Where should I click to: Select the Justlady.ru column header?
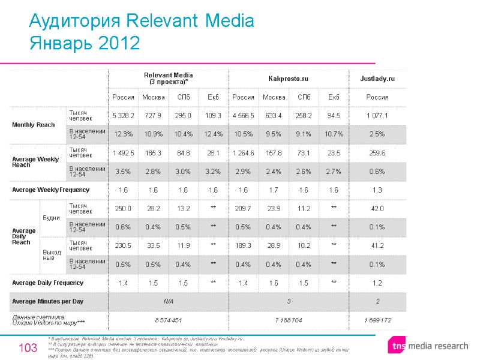tap(377, 79)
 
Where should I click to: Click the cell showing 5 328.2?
tap(123, 115)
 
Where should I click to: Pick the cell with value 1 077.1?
tap(377, 115)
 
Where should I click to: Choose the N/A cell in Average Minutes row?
tap(167, 301)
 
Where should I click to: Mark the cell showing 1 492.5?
tap(123, 153)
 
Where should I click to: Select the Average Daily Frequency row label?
tap(48, 282)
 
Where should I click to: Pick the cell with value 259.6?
tap(377, 153)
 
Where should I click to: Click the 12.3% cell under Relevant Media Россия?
tap(123, 134)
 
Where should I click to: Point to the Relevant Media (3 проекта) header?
tap(167, 78)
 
